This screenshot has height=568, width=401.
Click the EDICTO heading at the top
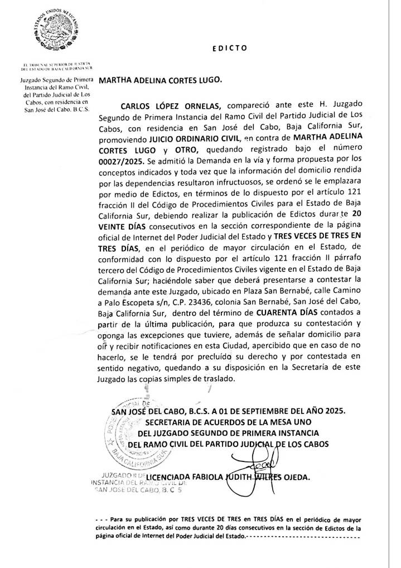point(230,48)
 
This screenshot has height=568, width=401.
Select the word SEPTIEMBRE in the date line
point(258,410)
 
